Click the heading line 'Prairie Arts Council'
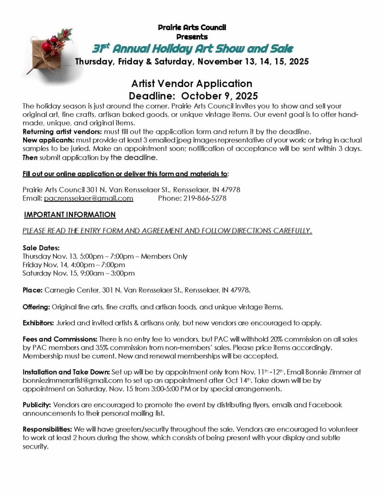click(192, 28)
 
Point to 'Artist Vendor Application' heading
click(192, 84)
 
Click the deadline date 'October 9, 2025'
click(220, 96)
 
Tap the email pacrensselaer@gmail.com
click(88, 198)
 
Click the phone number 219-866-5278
click(205, 198)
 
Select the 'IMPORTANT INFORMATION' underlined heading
click(70, 215)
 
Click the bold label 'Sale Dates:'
click(41, 248)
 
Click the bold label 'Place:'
click(32, 290)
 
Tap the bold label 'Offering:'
click(36, 307)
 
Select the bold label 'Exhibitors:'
click(38, 323)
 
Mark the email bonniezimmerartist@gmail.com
click(73, 381)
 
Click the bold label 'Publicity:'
click(36, 405)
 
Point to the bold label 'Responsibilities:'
click(47, 429)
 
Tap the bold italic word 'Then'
click(30, 157)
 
